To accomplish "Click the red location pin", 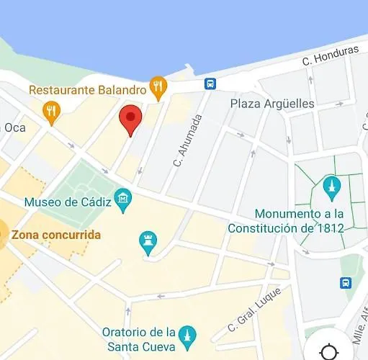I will (x=130, y=118).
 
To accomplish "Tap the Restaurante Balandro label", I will (x=88, y=90).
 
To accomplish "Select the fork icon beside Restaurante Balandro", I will (x=158, y=88).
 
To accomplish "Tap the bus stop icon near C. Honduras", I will (x=210, y=84).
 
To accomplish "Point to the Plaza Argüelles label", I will (x=271, y=104).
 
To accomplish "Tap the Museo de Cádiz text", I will (x=68, y=202).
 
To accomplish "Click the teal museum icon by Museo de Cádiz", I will (x=123, y=198).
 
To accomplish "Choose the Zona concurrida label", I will (x=56, y=235).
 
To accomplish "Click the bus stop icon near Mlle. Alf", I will (x=346, y=282).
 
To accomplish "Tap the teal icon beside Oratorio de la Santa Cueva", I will (x=187, y=335).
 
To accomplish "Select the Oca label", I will (x=14, y=127).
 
